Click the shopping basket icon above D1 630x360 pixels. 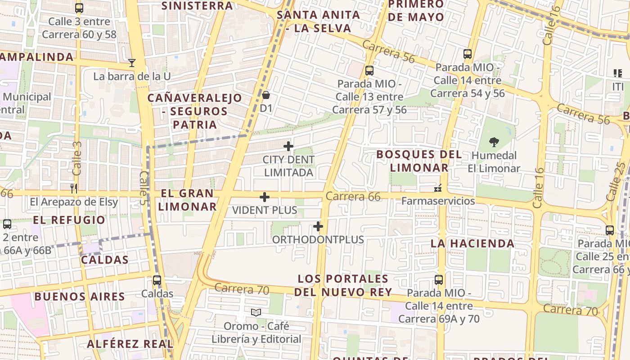coord(266,95)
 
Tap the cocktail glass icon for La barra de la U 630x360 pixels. coord(132,63)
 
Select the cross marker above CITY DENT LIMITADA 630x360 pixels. coord(288,146)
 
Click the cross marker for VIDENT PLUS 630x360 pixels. coord(265,197)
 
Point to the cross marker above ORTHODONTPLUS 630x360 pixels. coord(318,226)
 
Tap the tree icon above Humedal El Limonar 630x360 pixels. coord(494,142)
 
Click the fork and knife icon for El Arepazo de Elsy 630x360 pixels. coord(74,189)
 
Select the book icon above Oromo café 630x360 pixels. coord(256,312)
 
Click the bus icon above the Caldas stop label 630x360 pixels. coord(157,280)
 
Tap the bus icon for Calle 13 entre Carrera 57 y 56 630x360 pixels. coord(369,71)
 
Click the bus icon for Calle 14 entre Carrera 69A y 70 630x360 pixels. coord(439,280)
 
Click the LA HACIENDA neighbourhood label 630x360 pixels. coord(472,243)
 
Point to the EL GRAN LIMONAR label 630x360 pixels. coord(187,200)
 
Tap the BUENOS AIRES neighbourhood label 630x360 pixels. coord(80,297)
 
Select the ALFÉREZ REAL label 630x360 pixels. coord(130,344)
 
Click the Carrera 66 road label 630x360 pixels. coord(353,197)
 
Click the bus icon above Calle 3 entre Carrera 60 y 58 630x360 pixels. coord(79,8)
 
